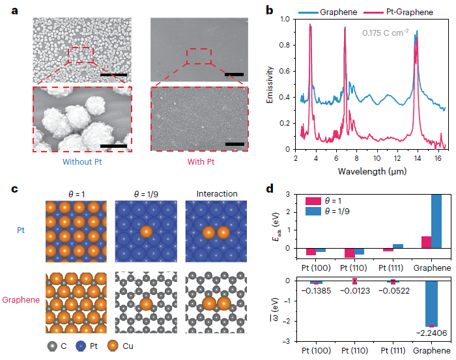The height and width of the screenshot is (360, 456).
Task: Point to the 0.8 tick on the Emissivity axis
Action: pos(287,46)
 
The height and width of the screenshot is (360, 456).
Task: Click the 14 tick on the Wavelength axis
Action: pos(414,157)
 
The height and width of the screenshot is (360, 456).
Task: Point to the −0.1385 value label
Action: pos(317,291)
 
